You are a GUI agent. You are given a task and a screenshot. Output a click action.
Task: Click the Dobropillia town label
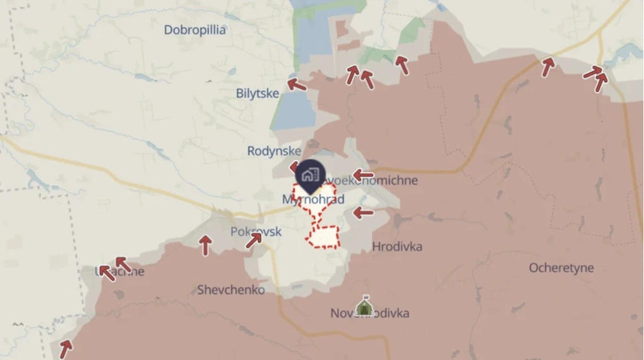pyautogui.click(x=194, y=30)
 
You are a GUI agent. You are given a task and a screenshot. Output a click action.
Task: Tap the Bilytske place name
pyautogui.click(x=258, y=93)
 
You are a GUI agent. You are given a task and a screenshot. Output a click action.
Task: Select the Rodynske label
pyautogui.click(x=274, y=151)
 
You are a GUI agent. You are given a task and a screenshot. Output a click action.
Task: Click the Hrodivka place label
pyautogui.click(x=397, y=246)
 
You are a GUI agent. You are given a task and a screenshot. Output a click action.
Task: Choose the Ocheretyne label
pyautogui.click(x=561, y=268)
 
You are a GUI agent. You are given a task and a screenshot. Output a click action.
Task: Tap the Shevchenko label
pyautogui.click(x=231, y=290)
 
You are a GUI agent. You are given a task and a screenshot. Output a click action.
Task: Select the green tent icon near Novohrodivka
pyautogui.click(x=363, y=306)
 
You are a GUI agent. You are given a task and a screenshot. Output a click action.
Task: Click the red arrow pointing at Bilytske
pyautogui.click(x=296, y=84)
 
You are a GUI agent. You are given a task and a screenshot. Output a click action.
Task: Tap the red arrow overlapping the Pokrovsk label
pyautogui.click(x=254, y=239)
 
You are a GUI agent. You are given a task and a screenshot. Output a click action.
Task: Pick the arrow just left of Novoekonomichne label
pyautogui.click(x=363, y=175)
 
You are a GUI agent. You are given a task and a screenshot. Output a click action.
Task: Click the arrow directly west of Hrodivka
pyautogui.click(x=363, y=213)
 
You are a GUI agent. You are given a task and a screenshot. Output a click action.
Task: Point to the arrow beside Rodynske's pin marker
pyautogui.click(x=294, y=167)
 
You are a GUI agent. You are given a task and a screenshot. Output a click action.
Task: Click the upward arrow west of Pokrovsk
pyautogui.click(x=205, y=244)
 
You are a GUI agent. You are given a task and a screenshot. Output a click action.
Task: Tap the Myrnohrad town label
pyautogui.click(x=313, y=200)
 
